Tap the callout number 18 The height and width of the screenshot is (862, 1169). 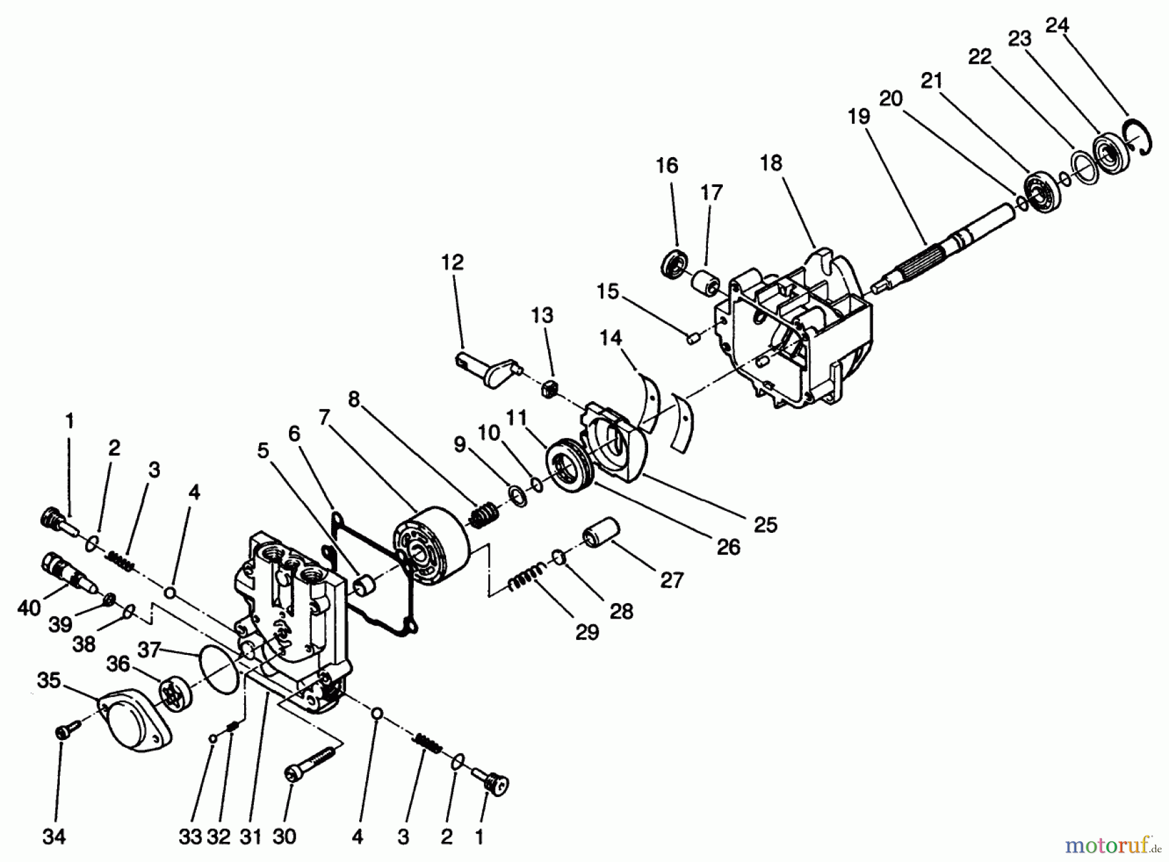pos(771,163)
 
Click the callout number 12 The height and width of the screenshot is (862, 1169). pos(452,262)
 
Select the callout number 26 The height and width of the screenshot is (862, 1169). pos(728,547)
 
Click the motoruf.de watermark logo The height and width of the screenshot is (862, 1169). pos(1110,845)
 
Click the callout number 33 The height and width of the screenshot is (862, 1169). pos(190,837)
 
